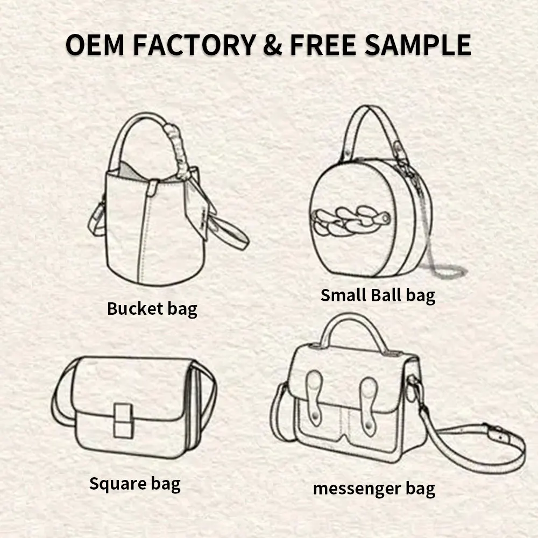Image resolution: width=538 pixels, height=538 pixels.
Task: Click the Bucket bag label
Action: click(152, 309)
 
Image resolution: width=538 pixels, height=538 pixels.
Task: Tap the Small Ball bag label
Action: click(378, 295)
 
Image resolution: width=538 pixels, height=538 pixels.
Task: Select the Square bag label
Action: click(134, 483)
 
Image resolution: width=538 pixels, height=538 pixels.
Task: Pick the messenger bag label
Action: click(374, 489)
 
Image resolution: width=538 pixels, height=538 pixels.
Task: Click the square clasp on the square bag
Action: click(123, 420)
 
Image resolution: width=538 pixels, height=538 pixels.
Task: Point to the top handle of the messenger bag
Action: click(352, 323)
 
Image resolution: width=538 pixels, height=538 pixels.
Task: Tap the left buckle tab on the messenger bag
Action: click(314, 395)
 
